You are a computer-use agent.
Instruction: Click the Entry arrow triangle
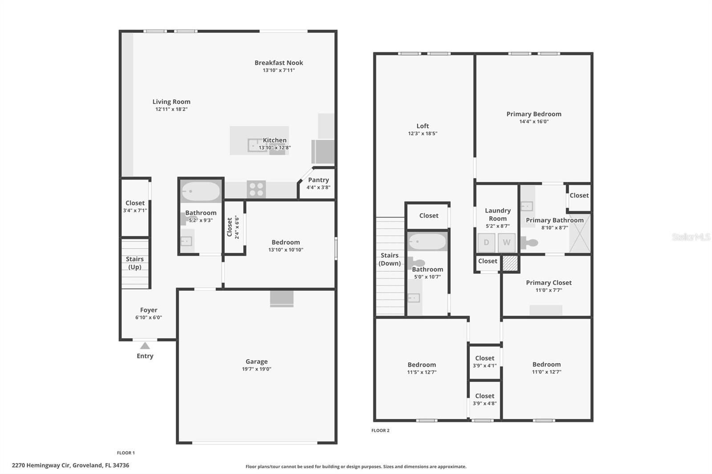pos(145,345)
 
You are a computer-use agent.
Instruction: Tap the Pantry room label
pos(318,180)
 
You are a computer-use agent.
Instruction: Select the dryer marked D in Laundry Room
pos(486,243)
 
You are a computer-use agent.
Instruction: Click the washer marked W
pos(506,243)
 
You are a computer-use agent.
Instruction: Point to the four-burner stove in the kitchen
pos(256,189)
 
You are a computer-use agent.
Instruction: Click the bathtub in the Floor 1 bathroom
pos(201,192)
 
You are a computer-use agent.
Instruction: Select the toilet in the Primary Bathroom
pos(530,243)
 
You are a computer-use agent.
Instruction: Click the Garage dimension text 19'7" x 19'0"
pos(257,369)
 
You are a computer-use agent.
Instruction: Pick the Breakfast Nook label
pos(279,63)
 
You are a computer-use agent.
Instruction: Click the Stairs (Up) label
pos(135,263)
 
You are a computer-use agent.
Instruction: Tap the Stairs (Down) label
pos(389,259)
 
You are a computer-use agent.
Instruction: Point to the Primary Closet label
pos(549,283)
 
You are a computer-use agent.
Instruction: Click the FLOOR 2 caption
pos(380,430)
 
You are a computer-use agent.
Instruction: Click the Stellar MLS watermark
pos(691,237)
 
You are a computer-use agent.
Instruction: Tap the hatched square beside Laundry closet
pos(510,263)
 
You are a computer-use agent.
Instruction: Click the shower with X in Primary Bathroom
pos(579,233)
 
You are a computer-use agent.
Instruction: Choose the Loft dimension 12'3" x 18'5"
pos(423,133)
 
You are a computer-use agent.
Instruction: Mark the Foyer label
pos(149,310)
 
